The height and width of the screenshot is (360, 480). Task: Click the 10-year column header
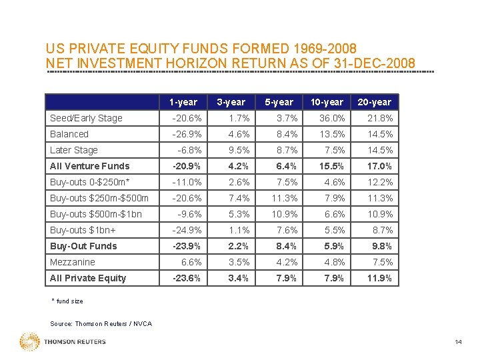[x=327, y=102]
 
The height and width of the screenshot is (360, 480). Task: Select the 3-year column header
[x=231, y=102]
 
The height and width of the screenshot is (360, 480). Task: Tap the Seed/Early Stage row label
[x=86, y=118]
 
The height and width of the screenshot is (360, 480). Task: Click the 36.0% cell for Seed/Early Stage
[x=332, y=118]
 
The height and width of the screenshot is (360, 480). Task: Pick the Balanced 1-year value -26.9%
[x=187, y=134]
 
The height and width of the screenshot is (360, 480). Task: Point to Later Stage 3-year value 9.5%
[x=239, y=150]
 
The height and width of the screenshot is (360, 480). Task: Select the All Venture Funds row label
[x=90, y=166]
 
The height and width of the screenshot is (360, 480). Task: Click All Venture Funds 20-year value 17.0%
[x=379, y=166]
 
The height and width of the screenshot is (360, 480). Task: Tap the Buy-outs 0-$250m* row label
[x=90, y=182]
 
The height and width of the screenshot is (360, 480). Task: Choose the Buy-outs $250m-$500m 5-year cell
[x=285, y=198]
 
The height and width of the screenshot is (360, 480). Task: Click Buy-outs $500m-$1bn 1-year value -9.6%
[x=189, y=214]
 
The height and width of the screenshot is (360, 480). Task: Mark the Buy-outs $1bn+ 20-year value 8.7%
[x=383, y=230]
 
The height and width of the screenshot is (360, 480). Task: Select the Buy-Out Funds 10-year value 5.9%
[x=334, y=246]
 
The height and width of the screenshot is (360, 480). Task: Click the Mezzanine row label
[x=73, y=262]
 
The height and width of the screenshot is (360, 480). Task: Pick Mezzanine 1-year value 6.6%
[x=191, y=262]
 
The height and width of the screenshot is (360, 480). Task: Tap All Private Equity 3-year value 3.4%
[x=238, y=278]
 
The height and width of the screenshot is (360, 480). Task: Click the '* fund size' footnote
[x=67, y=301]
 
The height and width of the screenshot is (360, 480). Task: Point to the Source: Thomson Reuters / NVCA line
[x=101, y=323]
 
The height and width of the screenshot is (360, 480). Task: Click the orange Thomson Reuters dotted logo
[x=30, y=341]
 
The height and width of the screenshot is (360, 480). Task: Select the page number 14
[x=458, y=341]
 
